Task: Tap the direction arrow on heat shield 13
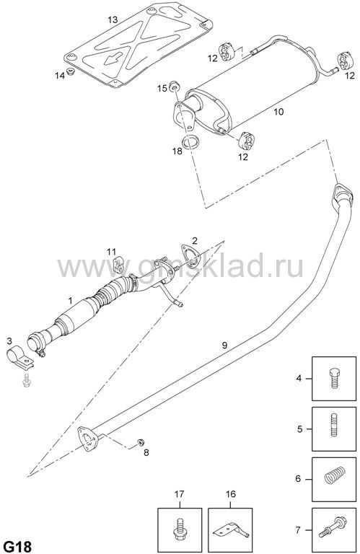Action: tap(113, 58)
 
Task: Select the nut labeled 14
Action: tap(71, 72)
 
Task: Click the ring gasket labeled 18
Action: tap(190, 141)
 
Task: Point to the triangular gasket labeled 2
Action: tap(190, 255)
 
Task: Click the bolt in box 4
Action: tap(334, 378)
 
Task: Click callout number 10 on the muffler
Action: tap(278, 112)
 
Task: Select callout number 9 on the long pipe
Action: tap(224, 346)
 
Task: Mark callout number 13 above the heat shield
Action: tap(113, 19)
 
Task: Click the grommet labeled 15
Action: tap(175, 86)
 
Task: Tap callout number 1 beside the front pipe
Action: tap(70, 301)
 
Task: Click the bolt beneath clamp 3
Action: tap(26, 381)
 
